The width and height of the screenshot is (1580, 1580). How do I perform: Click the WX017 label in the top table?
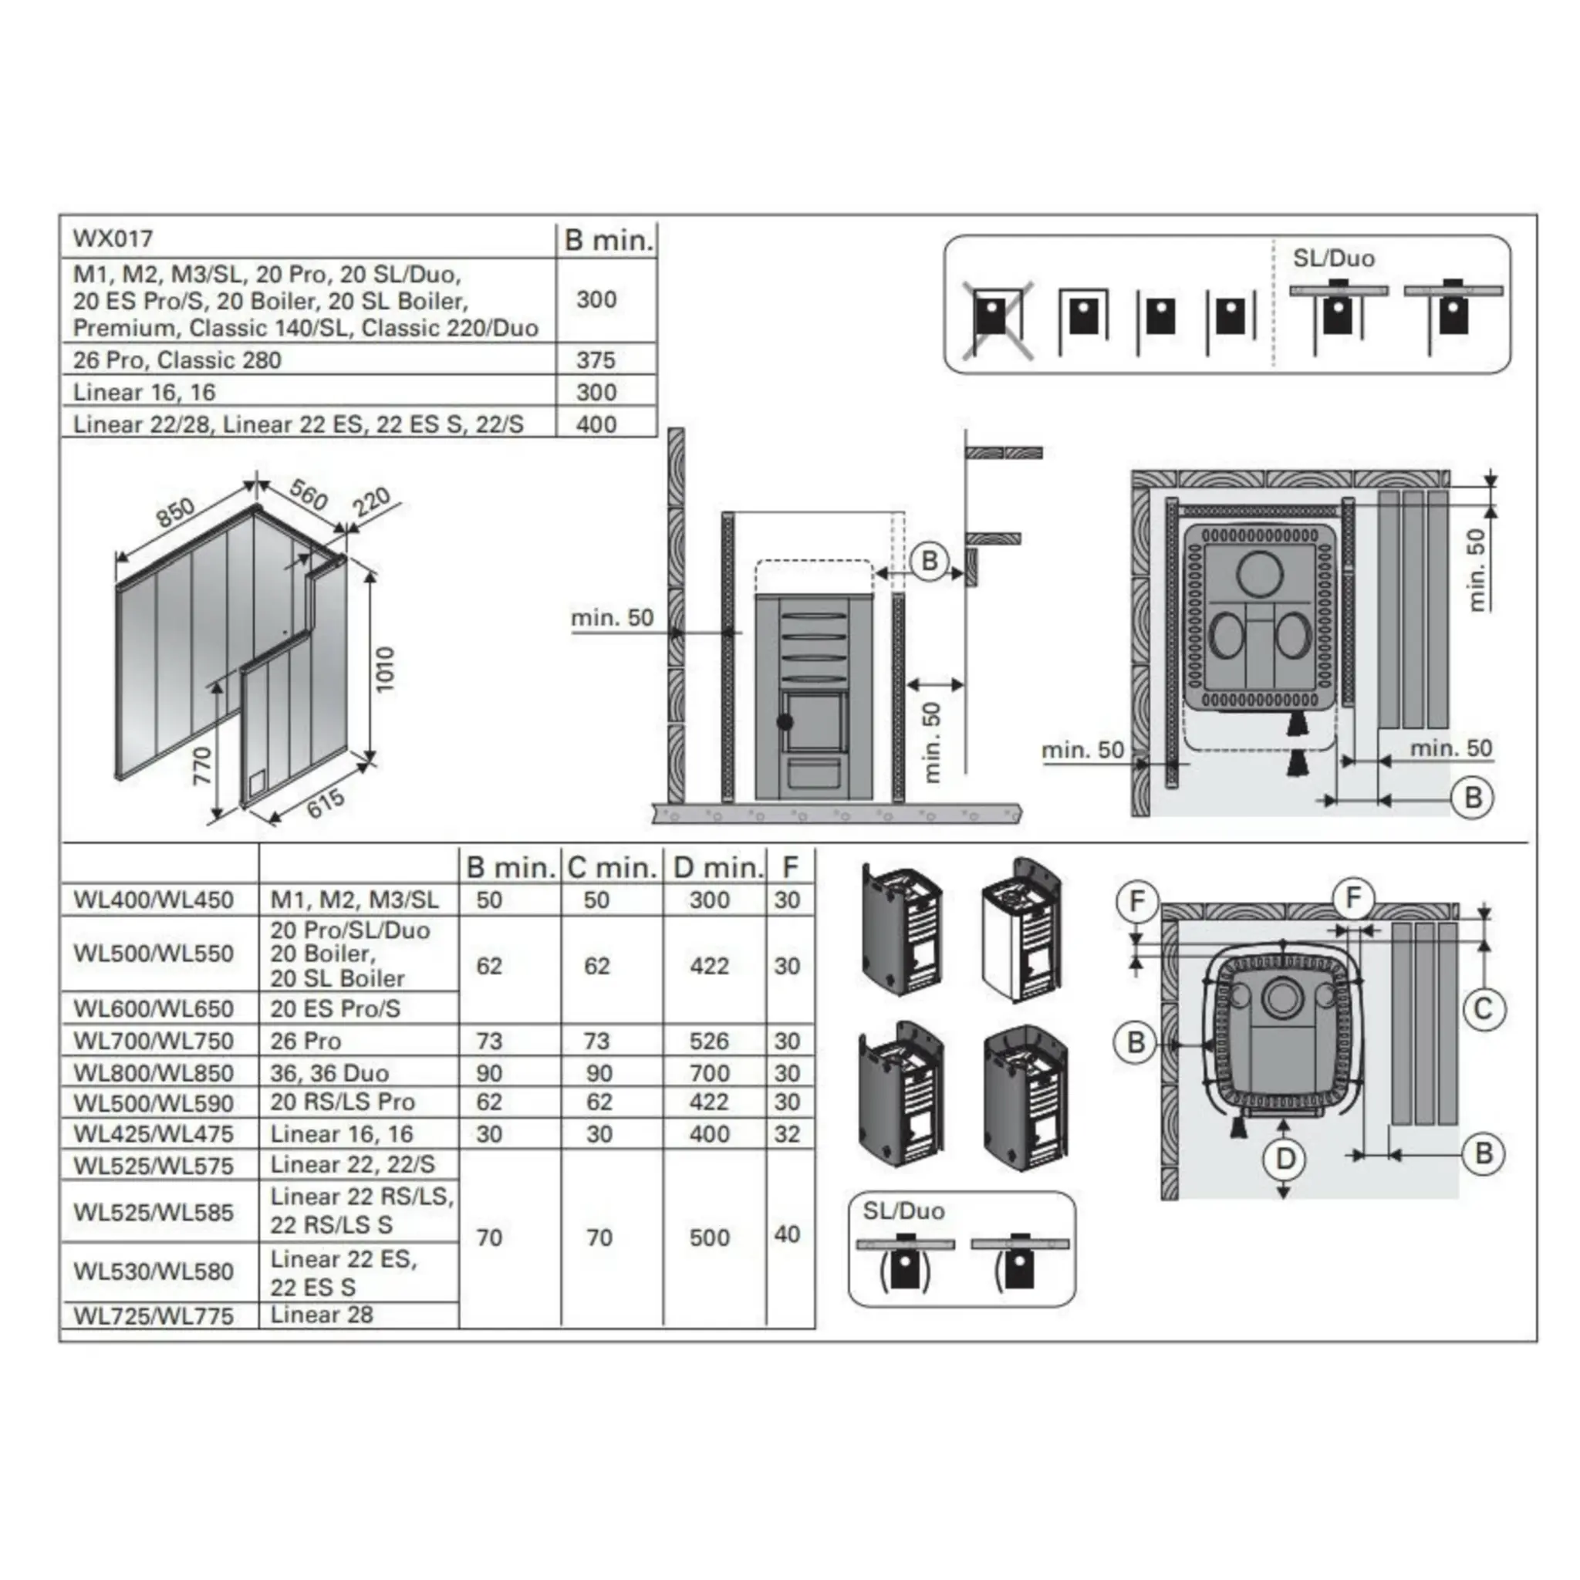click(x=113, y=239)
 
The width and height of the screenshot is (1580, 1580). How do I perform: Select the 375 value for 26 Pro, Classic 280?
click(x=596, y=360)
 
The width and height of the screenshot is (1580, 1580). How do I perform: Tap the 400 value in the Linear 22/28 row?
click(x=596, y=424)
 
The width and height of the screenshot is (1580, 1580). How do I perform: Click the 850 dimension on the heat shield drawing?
click(x=176, y=512)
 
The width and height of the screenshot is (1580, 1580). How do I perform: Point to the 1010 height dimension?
click(x=385, y=669)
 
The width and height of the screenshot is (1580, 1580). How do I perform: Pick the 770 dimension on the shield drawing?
click(x=202, y=765)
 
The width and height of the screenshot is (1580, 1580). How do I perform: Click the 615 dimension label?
click(x=326, y=803)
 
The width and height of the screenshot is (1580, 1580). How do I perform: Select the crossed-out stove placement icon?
click(x=996, y=319)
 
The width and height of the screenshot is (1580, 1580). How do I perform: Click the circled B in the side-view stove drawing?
click(x=929, y=562)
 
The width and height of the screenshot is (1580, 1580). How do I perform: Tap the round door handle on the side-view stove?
click(x=785, y=722)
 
